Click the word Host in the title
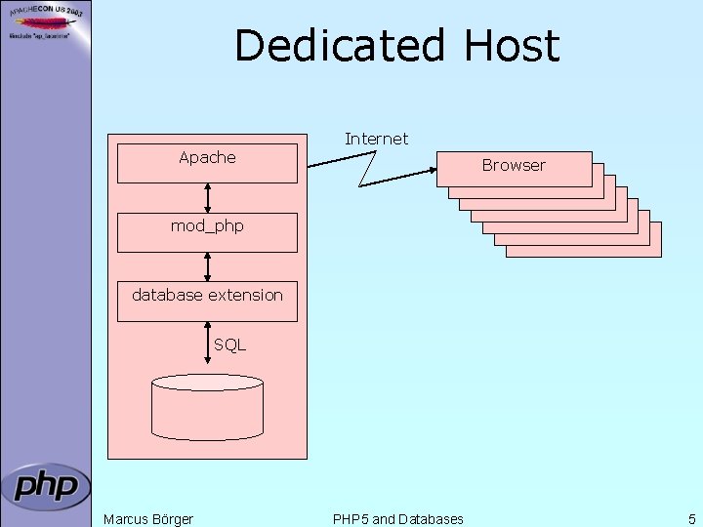pyautogui.click(x=510, y=46)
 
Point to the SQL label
pyautogui.click(x=230, y=345)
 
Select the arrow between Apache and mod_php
pyautogui.click(x=207, y=198)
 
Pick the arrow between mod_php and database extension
pyautogui.click(x=207, y=266)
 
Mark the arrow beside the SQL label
pyautogui.click(x=207, y=345)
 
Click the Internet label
pyautogui.click(x=376, y=140)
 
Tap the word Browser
pyautogui.click(x=514, y=166)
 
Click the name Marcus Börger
pyautogui.click(x=148, y=519)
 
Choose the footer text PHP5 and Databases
pyautogui.click(x=398, y=519)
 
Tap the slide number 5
pyautogui.click(x=691, y=519)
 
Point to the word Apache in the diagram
pyautogui.click(x=207, y=157)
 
